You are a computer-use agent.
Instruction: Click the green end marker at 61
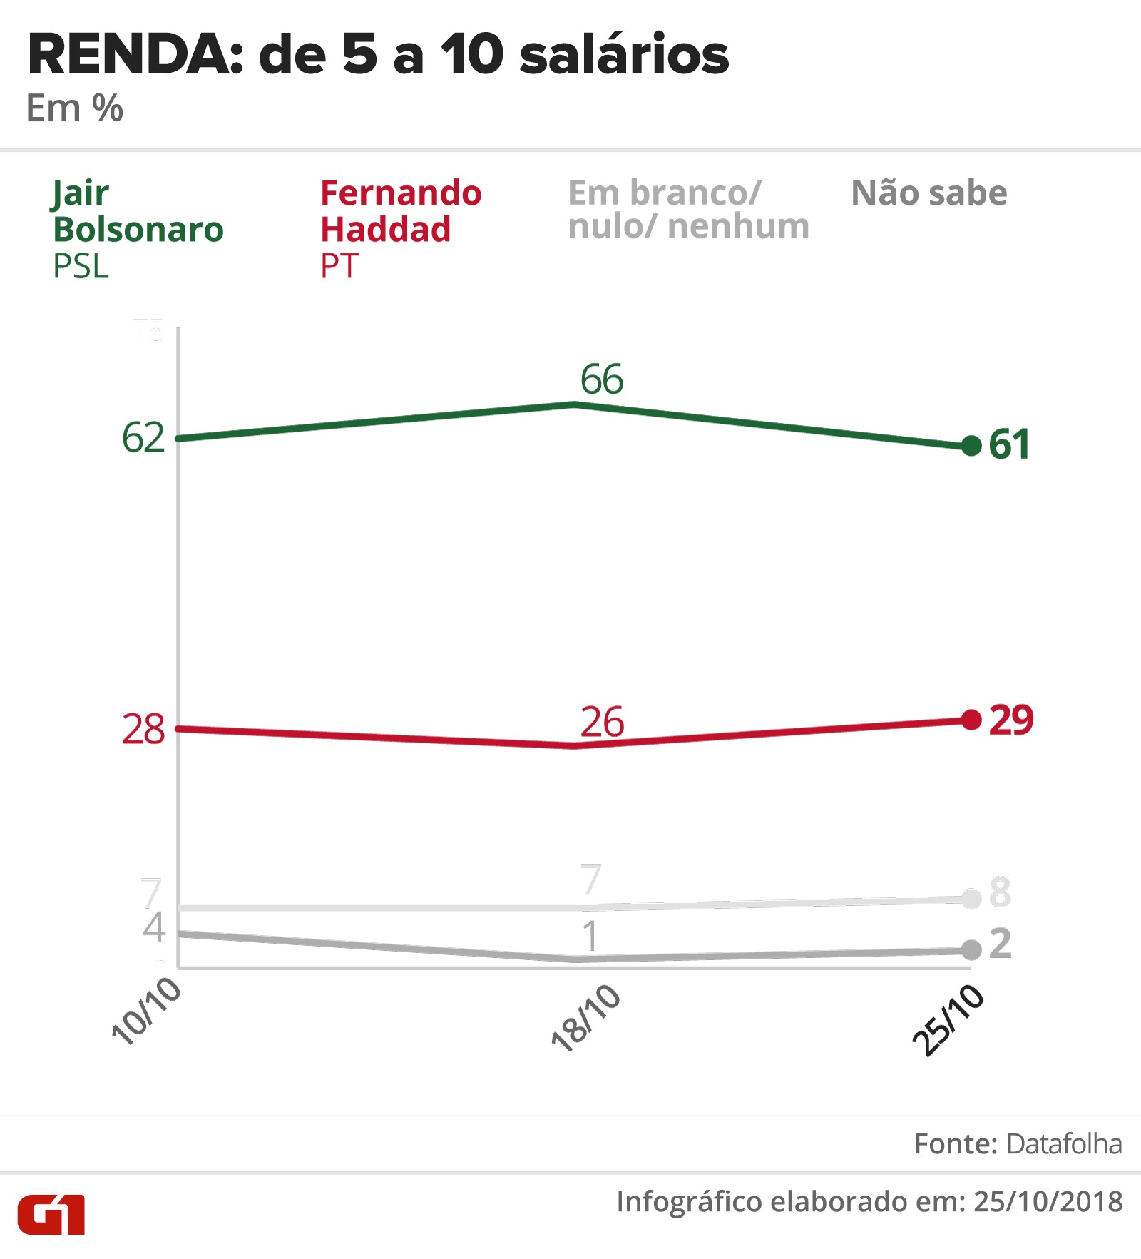971,446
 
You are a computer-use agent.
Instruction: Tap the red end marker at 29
971,720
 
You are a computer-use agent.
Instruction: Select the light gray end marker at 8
971,899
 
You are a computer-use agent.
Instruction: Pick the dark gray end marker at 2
971,949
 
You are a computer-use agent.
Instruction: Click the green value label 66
601,379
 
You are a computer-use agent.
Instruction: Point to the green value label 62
143,437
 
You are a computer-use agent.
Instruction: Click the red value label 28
143,729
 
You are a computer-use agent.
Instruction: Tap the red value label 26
602,722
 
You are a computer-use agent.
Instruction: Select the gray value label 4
153,927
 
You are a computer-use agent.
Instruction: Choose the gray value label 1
590,936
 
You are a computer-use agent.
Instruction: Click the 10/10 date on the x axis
147,1011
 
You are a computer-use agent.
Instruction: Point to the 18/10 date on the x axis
586,1018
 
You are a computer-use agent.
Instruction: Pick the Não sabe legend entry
928,193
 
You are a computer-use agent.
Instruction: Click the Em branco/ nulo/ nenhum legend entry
688,210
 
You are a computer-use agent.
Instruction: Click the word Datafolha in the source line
1064,1143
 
